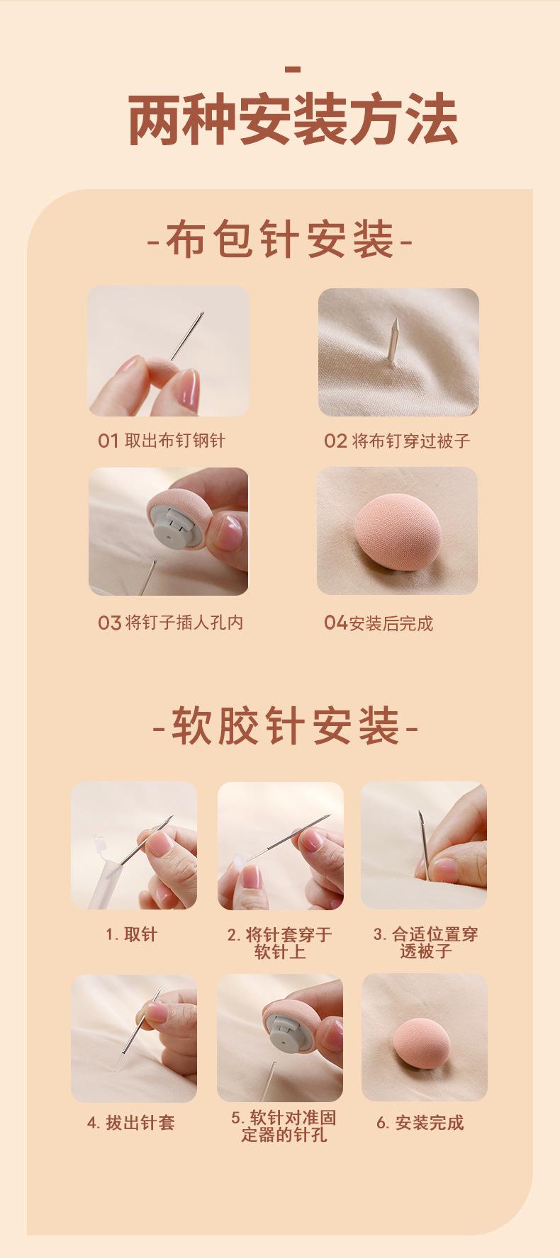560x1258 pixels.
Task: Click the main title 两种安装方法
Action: (293, 121)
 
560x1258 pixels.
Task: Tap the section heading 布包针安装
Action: (280, 239)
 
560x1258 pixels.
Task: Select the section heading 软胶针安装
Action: (286, 726)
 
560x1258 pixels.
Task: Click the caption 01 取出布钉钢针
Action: (162, 441)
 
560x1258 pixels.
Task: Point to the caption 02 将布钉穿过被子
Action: (397, 441)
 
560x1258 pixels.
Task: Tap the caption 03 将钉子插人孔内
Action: (171, 623)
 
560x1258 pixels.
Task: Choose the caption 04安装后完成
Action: (379, 623)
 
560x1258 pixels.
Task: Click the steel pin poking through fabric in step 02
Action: (393, 340)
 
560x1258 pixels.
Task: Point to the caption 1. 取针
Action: (132, 934)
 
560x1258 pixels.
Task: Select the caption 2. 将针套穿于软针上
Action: (280, 943)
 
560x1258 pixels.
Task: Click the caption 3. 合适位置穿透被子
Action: (425, 943)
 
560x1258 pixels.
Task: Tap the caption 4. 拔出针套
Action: (131, 1123)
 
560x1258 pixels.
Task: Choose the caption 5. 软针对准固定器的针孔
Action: (284, 1126)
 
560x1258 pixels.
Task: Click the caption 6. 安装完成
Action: (420, 1123)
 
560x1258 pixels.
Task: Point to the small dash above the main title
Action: (293, 69)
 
